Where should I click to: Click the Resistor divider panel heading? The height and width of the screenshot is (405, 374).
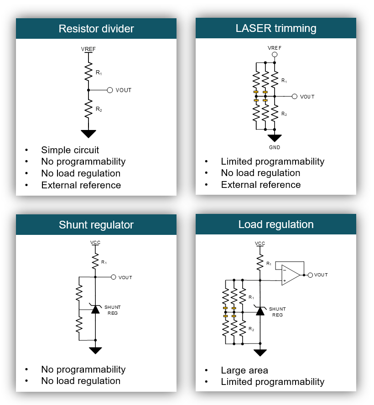point(96,29)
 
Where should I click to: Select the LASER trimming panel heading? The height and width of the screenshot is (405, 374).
point(276,28)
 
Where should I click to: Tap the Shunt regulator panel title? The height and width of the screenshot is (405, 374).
point(96,225)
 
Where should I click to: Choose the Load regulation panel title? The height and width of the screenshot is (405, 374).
point(276,224)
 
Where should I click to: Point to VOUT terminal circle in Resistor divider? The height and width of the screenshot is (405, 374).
point(109,90)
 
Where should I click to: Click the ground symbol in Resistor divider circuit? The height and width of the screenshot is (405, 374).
point(88,134)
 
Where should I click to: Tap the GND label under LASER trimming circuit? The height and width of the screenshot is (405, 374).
point(275,148)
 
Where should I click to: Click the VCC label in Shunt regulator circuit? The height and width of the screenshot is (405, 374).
point(95,242)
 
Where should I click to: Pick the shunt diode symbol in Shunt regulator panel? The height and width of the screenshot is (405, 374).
point(95,309)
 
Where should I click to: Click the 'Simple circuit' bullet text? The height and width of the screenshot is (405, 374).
point(70,150)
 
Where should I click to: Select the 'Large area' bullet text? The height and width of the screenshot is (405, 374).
point(244,370)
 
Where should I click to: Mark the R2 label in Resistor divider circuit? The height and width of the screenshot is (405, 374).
point(99,109)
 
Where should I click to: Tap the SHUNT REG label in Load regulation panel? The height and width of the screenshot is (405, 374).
point(278,312)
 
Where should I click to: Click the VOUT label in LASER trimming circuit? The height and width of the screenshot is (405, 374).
point(307,97)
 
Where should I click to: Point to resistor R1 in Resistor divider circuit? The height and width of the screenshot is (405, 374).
point(88,71)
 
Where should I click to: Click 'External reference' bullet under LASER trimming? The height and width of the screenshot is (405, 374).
point(260,185)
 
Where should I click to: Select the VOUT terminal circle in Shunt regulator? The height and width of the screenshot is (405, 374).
point(113,277)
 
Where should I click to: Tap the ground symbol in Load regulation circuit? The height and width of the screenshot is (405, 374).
point(260,353)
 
